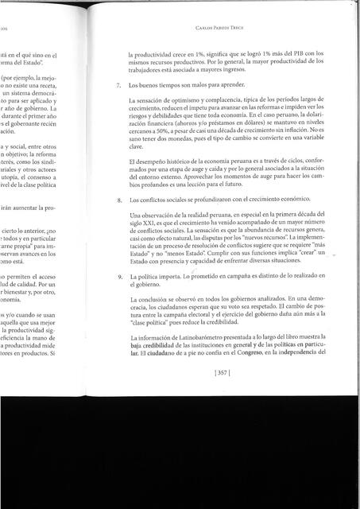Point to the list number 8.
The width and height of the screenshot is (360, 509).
pos(118,200)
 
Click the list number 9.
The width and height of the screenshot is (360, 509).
pos(118,276)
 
